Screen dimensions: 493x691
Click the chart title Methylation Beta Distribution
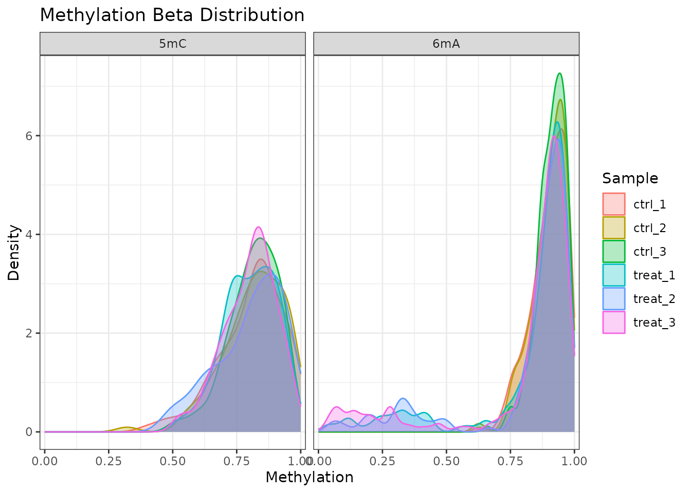tap(172, 15)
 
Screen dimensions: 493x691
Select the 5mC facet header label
tap(173, 44)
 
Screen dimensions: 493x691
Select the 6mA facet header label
tap(446, 44)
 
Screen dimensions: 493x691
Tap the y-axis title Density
tap(14, 252)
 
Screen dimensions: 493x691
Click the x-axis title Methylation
tap(310, 478)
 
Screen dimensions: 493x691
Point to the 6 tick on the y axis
tap(30, 136)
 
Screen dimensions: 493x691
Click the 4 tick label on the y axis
tap(30, 235)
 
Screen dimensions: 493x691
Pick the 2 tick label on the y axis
tap(30, 333)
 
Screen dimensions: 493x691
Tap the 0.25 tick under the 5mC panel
tap(109, 461)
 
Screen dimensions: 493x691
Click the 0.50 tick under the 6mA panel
tap(446, 461)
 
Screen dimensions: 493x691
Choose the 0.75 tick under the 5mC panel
tap(237, 461)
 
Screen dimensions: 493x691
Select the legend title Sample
tap(630, 178)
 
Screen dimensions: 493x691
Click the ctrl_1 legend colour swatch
tap(614, 204)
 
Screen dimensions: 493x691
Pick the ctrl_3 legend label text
tap(650, 252)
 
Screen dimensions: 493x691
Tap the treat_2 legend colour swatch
tap(614, 299)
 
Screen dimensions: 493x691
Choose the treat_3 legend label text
tap(654, 323)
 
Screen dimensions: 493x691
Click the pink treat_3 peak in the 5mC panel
tap(259, 227)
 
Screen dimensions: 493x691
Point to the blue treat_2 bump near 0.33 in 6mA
tap(403, 399)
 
